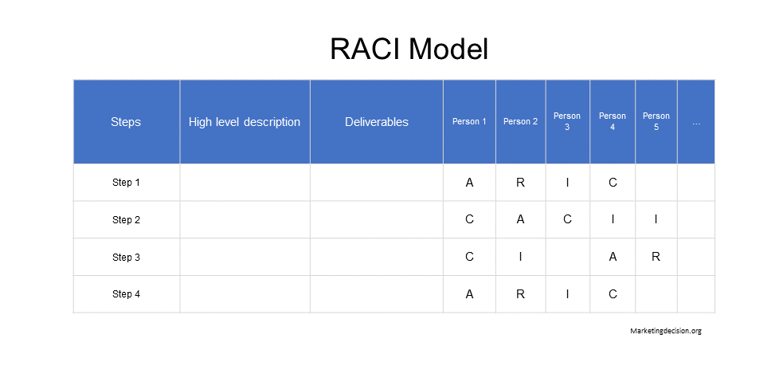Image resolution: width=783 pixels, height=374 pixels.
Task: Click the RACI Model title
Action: tap(409, 49)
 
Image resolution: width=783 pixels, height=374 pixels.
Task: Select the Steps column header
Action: tap(126, 122)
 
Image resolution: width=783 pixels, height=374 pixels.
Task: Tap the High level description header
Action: tap(245, 122)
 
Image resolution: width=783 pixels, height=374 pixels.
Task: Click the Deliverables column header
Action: tap(377, 122)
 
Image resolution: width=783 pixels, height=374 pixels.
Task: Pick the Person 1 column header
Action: tap(469, 122)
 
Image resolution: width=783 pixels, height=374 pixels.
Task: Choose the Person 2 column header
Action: tap(520, 122)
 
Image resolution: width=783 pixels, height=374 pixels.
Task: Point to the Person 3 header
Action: tap(567, 121)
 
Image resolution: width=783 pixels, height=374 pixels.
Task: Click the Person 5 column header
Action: tap(656, 121)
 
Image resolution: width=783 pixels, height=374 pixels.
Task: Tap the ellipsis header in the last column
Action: tap(696, 123)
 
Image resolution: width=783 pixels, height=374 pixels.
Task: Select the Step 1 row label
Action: tap(126, 183)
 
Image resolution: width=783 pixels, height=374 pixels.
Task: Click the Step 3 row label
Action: tap(126, 257)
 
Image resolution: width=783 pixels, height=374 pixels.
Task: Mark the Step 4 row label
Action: tap(126, 294)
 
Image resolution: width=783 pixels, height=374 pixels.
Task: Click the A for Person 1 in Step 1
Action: tap(469, 183)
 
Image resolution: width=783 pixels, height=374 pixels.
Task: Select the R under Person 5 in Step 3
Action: tap(656, 257)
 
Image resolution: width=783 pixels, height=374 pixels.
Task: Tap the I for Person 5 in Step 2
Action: tap(656, 219)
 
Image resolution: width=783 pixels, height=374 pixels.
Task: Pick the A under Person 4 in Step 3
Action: tap(613, 257)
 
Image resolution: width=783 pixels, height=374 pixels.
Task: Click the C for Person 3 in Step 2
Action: tap(567, 219)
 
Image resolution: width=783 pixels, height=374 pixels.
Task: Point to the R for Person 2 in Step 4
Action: tap(520, 294)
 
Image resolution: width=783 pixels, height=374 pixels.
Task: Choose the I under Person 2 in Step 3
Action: tap(520, 257)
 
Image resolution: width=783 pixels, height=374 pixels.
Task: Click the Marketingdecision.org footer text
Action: tap(665, 331)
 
